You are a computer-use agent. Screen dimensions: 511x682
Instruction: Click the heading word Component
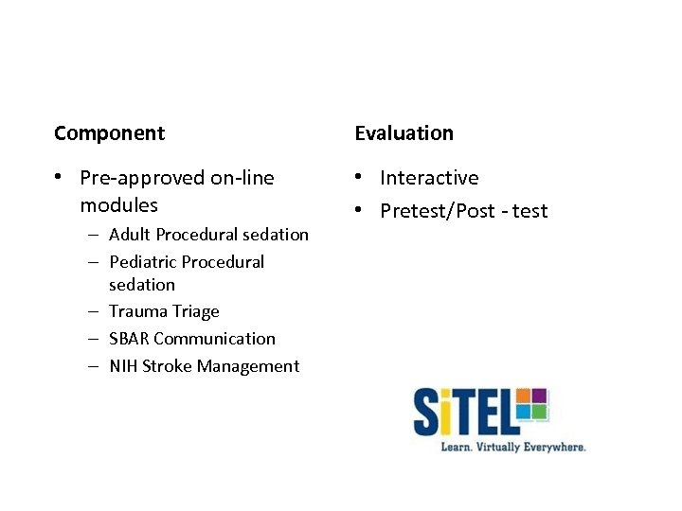pyautogui.click(x=109, y=133)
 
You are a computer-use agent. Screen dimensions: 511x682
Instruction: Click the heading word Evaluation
pyautogui.click(x=404, y=133)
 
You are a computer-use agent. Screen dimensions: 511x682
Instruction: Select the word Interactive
pyautogui.click(x=429, y=178)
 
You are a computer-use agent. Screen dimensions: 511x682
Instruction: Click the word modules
pyautogui.click(x=118, y=205)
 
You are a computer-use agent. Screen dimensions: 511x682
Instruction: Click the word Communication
pyautogui.click(x=214, y=339)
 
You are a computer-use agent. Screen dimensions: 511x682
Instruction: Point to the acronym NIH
pyautogui.click(x=123, y=366)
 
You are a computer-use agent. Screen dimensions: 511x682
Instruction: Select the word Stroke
pyautogui.click(x=167, y=366)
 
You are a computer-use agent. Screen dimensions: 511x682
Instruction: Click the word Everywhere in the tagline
pyautogui.click(x=551, y=447)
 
